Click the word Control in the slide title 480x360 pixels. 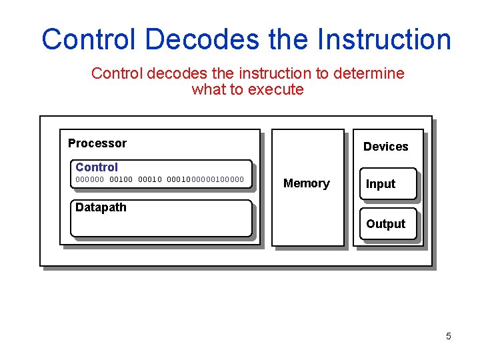pos(89,39)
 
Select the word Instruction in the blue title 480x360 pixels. pos(384,39)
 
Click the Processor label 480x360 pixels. pos(97,143)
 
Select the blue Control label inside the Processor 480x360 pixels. pos(97,167)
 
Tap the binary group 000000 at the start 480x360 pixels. pos(90,179)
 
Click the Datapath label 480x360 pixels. pos(101,207)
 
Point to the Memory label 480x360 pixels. pos(307,183)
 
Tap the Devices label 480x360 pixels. pos(385,147)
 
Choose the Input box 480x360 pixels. pos(387,185)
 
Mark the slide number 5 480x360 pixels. pos(448,336)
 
